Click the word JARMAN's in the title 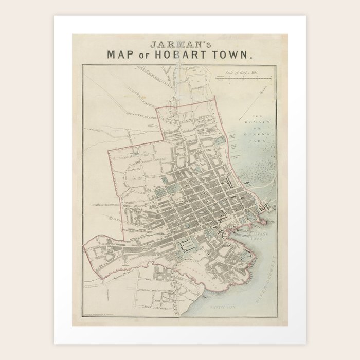(x=179, y=44)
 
